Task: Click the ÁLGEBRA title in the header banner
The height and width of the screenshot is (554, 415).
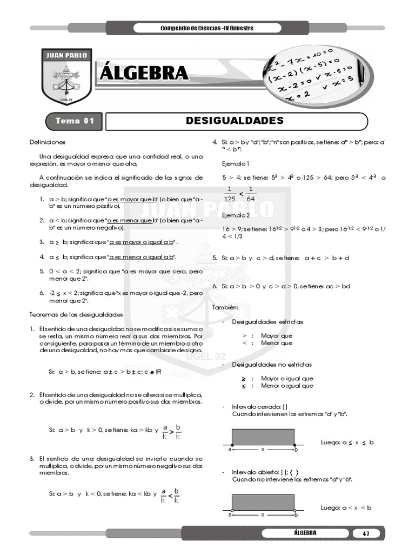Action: pos(143,73)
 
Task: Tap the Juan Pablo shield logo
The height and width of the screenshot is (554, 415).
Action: pos(66,77)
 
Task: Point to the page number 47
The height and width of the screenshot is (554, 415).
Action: pos(366,533)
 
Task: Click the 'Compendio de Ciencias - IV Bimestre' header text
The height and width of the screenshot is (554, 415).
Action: pos(207,28)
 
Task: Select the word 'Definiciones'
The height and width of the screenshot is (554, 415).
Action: pos(48,142)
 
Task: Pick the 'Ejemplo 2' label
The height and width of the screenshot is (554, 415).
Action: pos(236,215)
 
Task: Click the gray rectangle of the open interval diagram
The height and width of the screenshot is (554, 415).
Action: pos(263,502)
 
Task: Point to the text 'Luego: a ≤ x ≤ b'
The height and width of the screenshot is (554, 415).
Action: pos(347,442)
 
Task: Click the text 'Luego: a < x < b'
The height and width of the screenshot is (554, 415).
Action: pos(346,507)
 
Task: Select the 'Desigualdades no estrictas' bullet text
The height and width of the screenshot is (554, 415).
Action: pos(267,364)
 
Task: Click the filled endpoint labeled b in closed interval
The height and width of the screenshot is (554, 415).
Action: pos(294,444)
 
